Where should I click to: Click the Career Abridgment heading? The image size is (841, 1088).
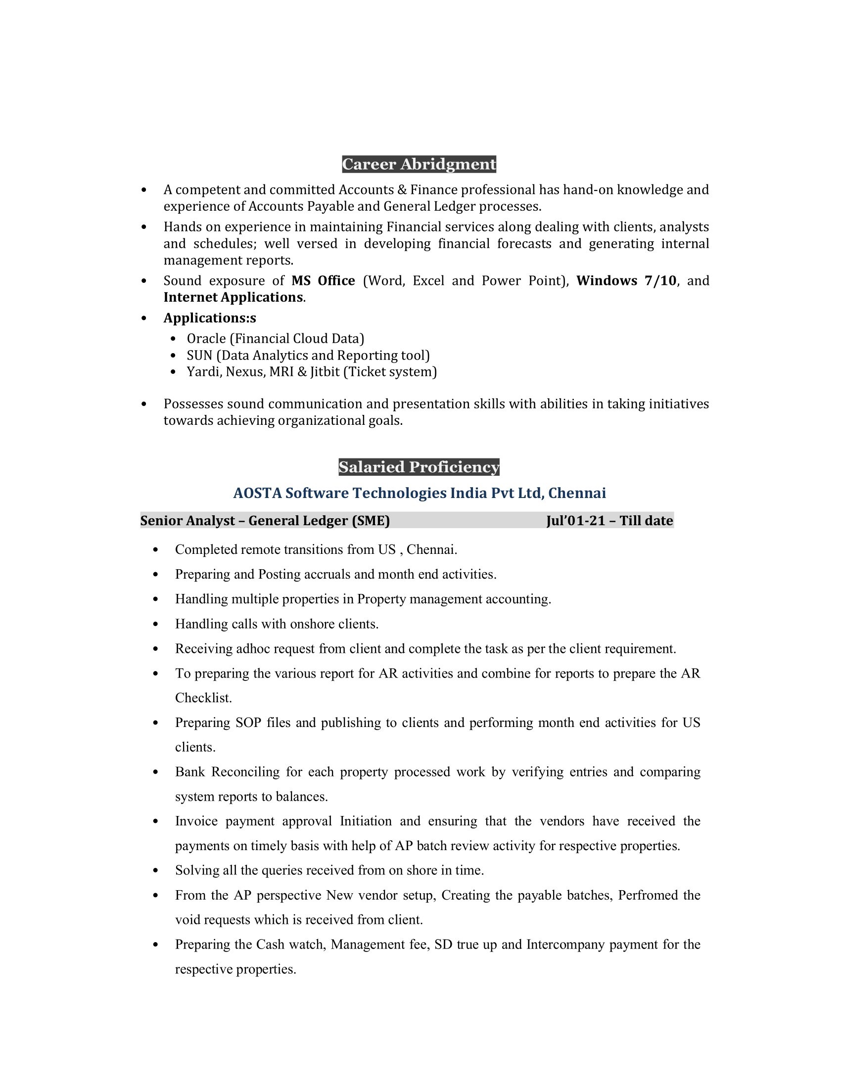click(x=419, y=164)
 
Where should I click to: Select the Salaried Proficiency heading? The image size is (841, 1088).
click(x=419, y=467)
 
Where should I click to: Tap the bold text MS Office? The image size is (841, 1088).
click(x=323, y=280)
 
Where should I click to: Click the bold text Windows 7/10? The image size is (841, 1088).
click(x=626, y=280)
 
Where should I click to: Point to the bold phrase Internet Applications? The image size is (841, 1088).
click(x=233, y=297)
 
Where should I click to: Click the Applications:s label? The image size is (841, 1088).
click(x=210, y=318)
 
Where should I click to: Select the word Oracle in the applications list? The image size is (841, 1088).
click(x=206, y=339)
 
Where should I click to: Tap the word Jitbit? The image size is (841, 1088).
click(x=325, y=372)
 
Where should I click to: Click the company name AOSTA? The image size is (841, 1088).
click(x=257, y=493)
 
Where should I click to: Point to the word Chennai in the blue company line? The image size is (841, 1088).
click(x=577, y=493)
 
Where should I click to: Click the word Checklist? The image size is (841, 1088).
click(x=203, y=698)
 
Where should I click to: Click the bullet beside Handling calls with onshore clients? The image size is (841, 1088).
click(x=156, y=624)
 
